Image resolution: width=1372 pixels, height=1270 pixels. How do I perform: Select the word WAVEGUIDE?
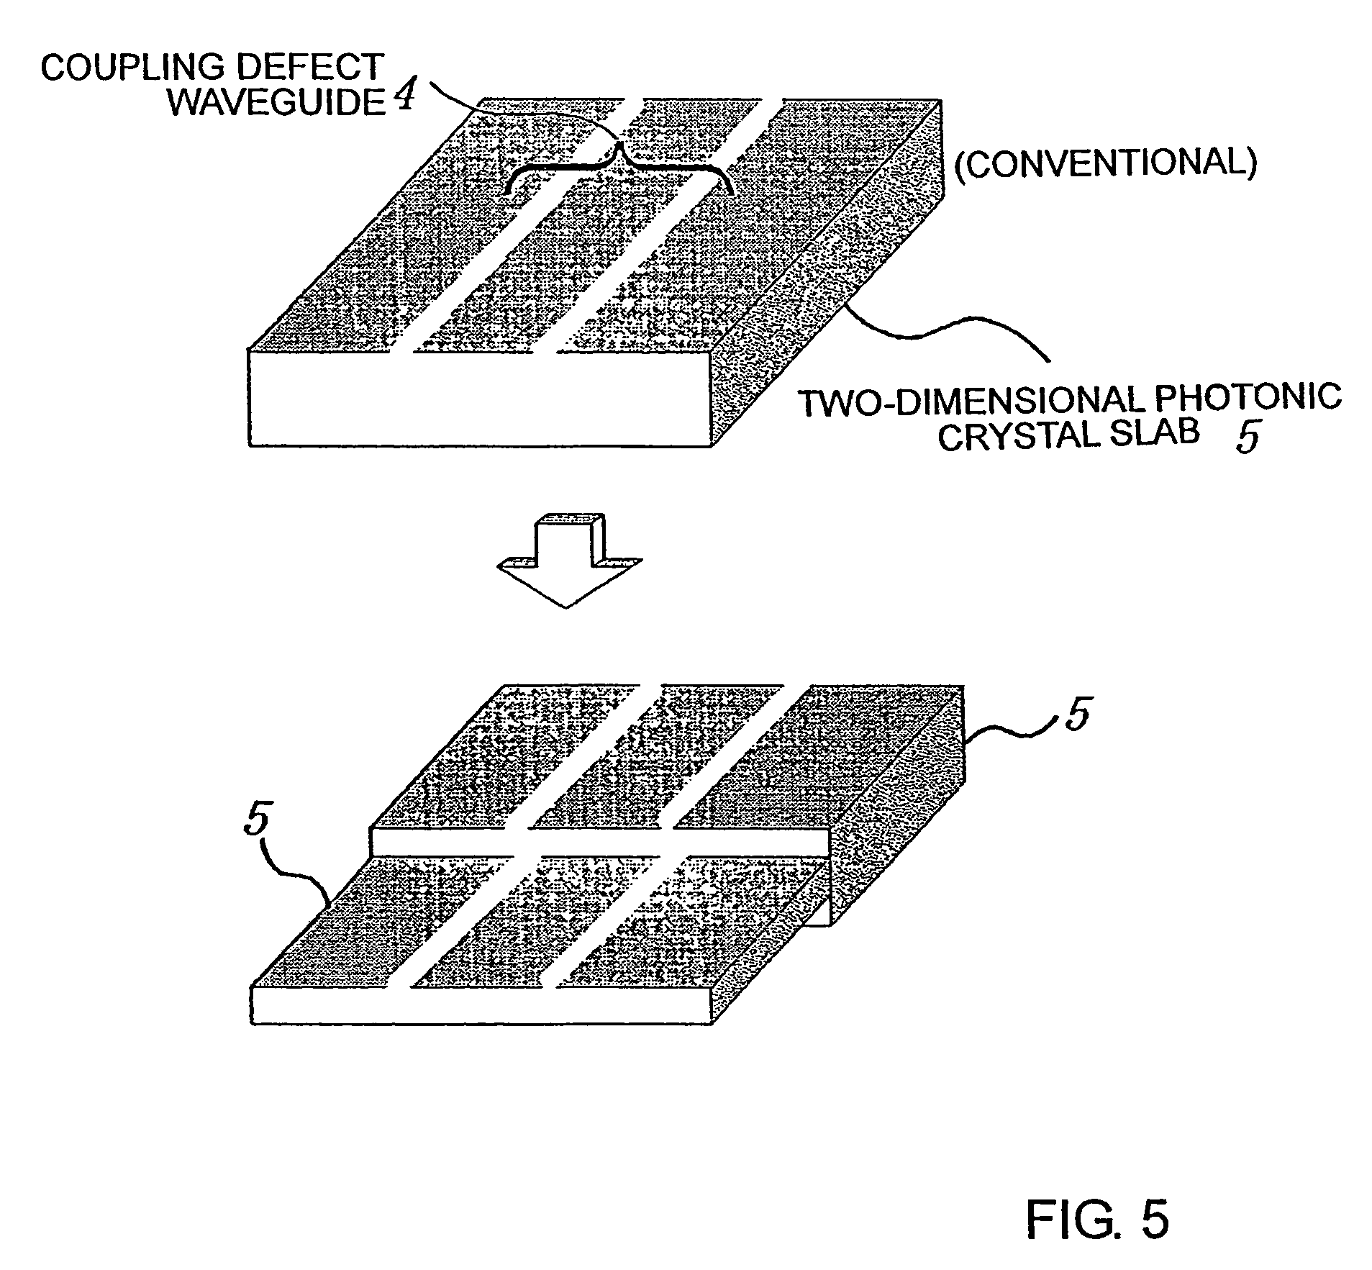click(278, 103)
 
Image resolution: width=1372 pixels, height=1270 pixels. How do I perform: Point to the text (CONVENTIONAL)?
click(1105, 163)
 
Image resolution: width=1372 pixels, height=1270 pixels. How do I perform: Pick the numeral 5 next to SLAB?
click(1247, 437)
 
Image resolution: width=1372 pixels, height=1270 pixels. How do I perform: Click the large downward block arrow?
click(568, 561)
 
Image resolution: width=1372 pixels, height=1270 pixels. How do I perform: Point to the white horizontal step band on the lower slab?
click(599, 842)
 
